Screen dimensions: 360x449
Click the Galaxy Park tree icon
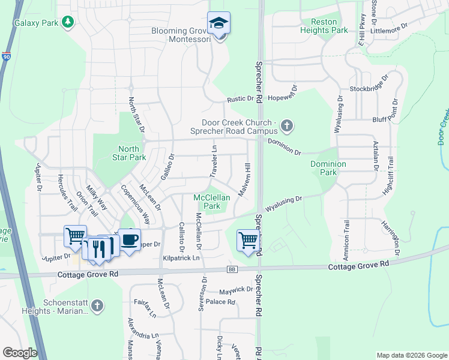68,22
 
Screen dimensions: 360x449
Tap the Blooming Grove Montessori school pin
218,24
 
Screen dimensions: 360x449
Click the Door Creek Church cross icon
287,126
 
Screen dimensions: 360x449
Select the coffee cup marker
129,239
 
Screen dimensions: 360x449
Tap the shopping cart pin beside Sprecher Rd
247,240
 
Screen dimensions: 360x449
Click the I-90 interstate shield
6,57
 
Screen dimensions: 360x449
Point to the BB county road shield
232,269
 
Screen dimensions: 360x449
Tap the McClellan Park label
208,202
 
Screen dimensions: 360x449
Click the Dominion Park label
328,168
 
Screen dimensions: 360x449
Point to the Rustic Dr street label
241,100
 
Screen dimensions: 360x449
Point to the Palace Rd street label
220,302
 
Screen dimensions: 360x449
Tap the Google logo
20,353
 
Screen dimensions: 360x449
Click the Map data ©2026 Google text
411,355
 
